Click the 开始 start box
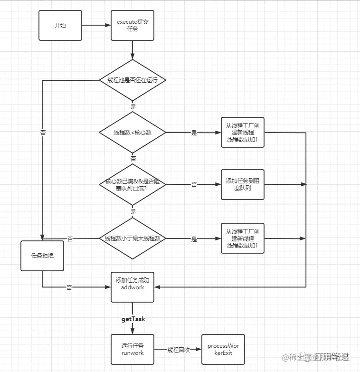tap(60, 25)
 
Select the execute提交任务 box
tap(133, 25)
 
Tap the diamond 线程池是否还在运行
tap(133, 80)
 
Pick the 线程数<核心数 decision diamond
tap(133, 132)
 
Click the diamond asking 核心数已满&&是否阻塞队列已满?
tap(133, 185)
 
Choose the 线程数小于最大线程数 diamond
tap(133, 238)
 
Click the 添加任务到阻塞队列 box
tap(242, 185)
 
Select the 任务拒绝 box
tap(42, 256)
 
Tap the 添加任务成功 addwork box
tap(133, 287)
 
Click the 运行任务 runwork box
tap(133, 349)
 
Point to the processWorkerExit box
tap(223, 349)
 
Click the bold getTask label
tap(133, 319)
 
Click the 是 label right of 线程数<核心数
tap(194, 133)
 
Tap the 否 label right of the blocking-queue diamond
tap(194, 184)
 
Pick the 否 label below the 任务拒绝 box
tap(69, 287)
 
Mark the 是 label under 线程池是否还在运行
tap(133, 107)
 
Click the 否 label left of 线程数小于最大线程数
tap(70, 239)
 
